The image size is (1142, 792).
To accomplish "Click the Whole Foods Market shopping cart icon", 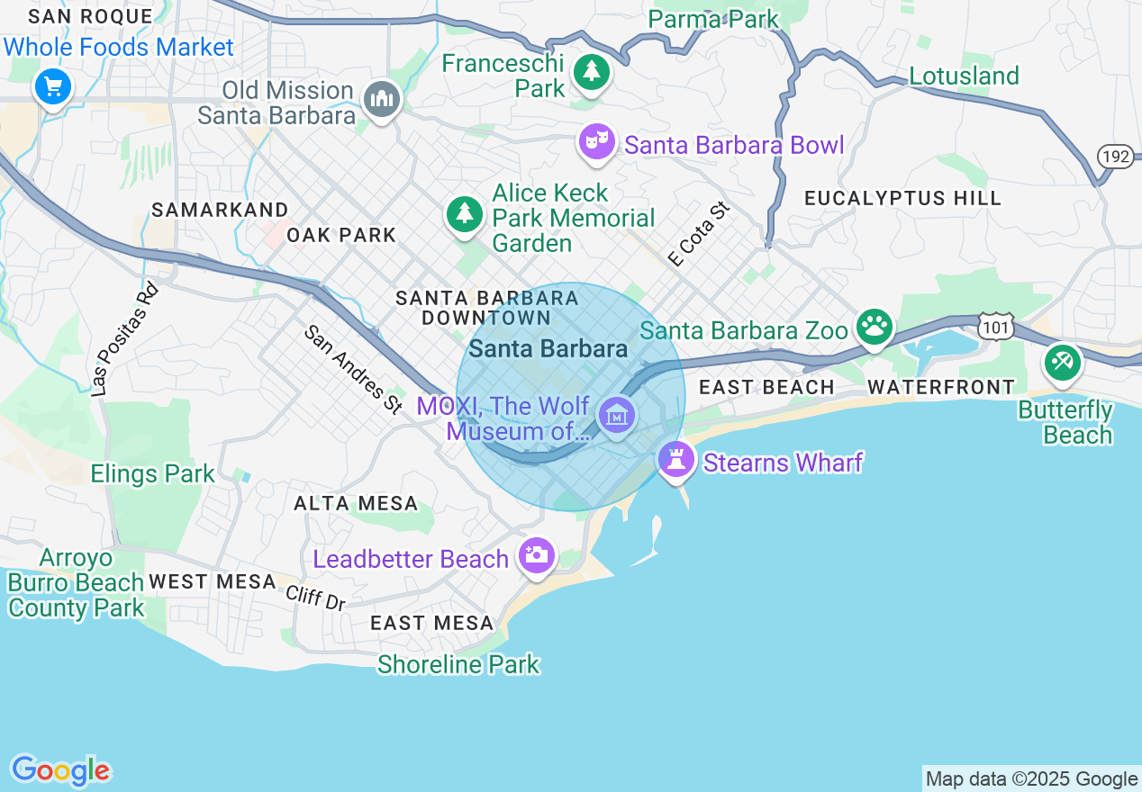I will coord(53,87).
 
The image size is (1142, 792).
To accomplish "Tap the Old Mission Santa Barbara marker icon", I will coord(381,100).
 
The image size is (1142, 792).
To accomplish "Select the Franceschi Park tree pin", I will coord(591,72).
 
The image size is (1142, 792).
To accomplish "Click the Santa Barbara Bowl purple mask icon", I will coord(596,141).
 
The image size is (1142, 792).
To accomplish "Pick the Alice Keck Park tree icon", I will coord(464,213).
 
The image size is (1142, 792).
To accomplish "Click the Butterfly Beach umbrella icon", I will coord(1062,362).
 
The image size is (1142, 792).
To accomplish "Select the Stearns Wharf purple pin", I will coord(675,460).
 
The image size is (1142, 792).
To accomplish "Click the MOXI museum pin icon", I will coord(617,416).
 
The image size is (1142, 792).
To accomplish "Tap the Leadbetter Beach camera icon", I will coord(536,555).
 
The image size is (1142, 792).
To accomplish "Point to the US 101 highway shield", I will coord(996,326).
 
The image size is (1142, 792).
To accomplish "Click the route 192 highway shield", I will coord(1115,157).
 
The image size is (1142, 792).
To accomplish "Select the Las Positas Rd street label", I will coord(124,340).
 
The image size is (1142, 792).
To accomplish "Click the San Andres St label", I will coord(353,370).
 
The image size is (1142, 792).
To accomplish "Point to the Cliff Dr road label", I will coord(316,598).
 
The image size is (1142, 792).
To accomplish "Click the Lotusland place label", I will coord(964,76).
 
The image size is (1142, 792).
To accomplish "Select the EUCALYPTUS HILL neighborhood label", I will coord(902,198).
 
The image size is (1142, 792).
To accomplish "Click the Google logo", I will coord(60,770).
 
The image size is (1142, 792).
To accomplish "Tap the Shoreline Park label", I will coord(458,665).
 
